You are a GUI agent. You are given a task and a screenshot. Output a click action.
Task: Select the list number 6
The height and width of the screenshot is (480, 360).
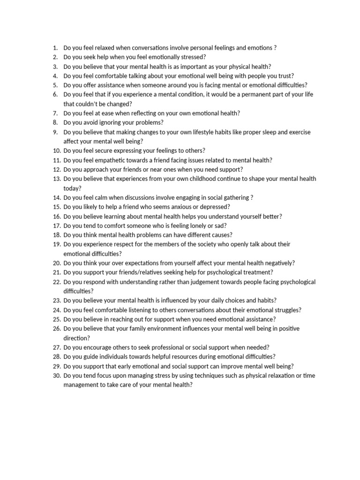55,95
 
